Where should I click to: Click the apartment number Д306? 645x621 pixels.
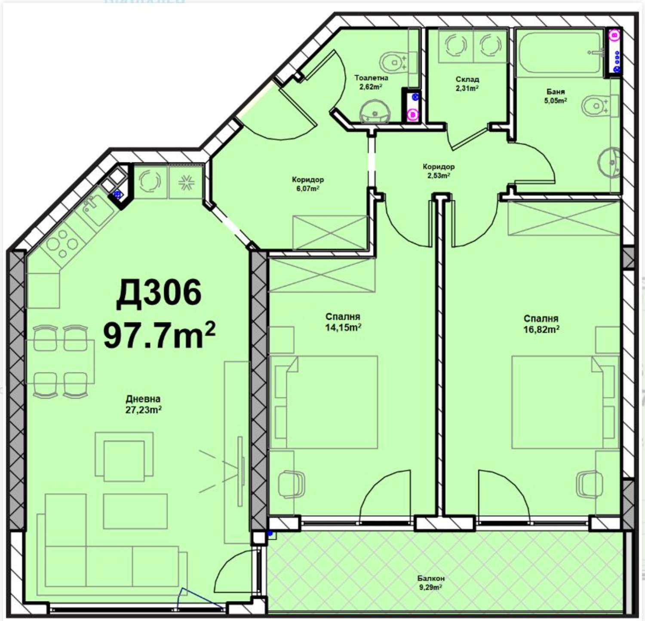tap(159, 294)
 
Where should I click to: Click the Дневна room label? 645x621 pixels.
tap(143, 399)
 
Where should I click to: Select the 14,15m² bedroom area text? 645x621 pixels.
tap(343, 327)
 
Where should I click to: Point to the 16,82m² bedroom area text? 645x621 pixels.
tap(541, 330)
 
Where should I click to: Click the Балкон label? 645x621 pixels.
tap(431, 578)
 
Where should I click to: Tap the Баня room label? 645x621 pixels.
tap(556, 92)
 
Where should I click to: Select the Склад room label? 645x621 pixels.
tap(467, 80)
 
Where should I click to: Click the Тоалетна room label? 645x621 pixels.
tap(371, 78)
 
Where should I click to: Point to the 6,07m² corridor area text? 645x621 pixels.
tap(307, 188)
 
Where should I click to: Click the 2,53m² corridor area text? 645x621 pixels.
tap(439, 175)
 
